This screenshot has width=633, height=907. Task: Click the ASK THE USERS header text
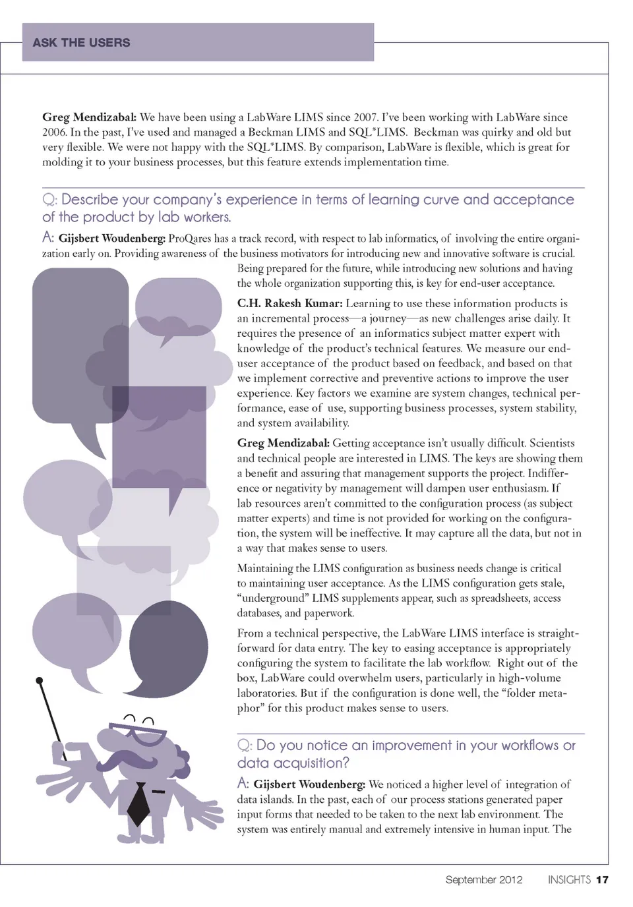point(81,43)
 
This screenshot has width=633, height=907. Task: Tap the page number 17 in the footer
point(602,879)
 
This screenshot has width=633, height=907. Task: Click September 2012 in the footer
point(483,879)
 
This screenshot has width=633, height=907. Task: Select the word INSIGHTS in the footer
point(569,879)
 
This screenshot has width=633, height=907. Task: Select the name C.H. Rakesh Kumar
point(289,304)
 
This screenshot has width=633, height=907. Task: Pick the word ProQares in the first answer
point(190,239)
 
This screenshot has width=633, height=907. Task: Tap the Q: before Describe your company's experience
point(49,200)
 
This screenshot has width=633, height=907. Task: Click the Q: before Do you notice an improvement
point(245,746)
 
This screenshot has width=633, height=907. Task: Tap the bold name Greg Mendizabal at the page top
point(89,117)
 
